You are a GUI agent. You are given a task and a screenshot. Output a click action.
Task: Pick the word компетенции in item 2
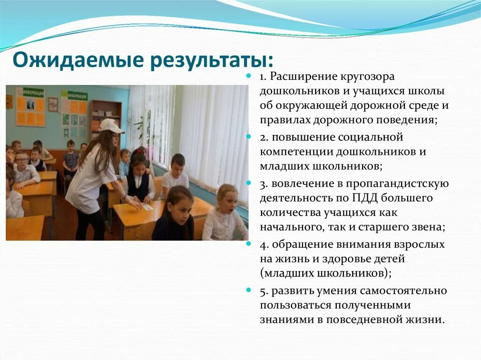click(x=292, y=152)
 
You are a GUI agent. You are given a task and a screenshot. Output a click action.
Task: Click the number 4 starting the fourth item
click(x=262, y=245)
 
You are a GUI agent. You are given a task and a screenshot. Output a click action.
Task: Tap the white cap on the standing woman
click(x=110, y=125)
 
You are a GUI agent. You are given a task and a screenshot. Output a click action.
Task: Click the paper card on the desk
click(x=147, y=206)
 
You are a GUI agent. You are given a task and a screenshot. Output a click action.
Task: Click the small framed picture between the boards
click(x=53, y=104)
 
